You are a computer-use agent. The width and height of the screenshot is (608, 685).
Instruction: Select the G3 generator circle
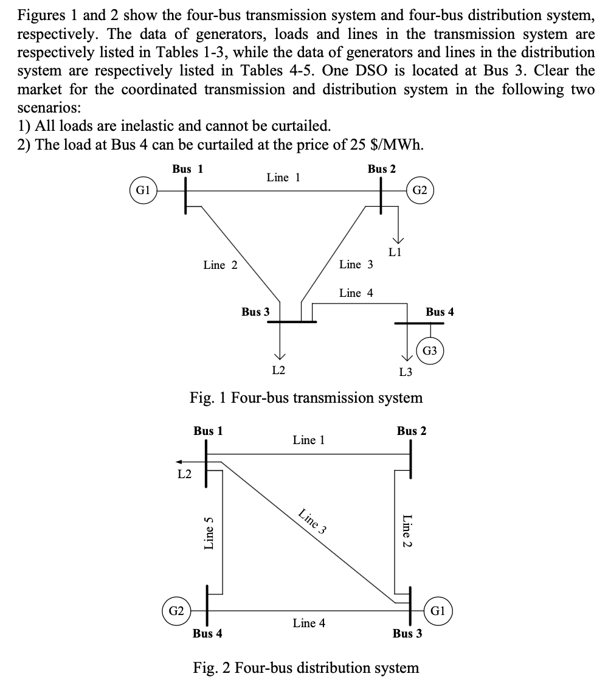coord(430,351)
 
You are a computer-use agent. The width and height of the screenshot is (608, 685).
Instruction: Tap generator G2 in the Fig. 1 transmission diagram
coord(420,190)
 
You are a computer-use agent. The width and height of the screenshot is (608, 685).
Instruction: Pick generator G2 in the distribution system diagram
coord(176,610)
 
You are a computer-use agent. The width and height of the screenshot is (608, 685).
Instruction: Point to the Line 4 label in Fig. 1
coord(356,293)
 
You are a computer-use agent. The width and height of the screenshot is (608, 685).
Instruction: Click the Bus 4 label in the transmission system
coord(440,312)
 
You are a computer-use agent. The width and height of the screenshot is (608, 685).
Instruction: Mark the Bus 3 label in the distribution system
coord(407,634)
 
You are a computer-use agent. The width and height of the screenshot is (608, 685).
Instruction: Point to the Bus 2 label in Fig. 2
coord(412,431)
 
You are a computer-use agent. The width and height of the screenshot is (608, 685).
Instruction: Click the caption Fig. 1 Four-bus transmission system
coord(306,398)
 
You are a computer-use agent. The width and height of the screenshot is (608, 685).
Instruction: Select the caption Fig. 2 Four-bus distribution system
coord(306,668)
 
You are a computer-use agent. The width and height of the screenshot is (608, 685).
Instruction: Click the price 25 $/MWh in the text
coord(381,146)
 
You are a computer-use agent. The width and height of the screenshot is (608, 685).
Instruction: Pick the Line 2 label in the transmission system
coord(220,265)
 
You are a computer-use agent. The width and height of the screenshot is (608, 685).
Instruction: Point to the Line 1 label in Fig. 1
coord(283,178)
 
